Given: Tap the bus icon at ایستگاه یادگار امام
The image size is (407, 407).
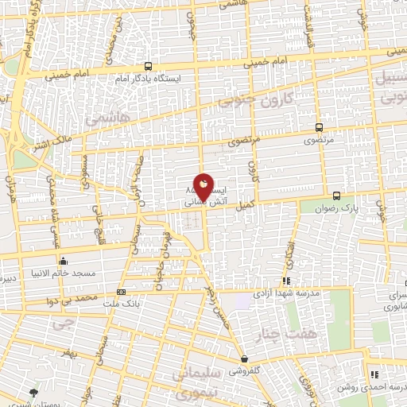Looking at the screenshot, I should tap(149, 68).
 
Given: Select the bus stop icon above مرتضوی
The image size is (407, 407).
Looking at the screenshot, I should tap(319, 126).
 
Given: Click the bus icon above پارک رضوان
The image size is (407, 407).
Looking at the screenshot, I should tap(336, 195).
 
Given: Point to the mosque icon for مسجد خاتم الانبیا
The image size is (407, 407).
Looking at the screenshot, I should tap(63, 261).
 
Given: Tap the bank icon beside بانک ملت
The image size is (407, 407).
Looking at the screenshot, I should tap(120, 292).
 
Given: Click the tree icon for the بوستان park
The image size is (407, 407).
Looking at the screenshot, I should tap(33, 393).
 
